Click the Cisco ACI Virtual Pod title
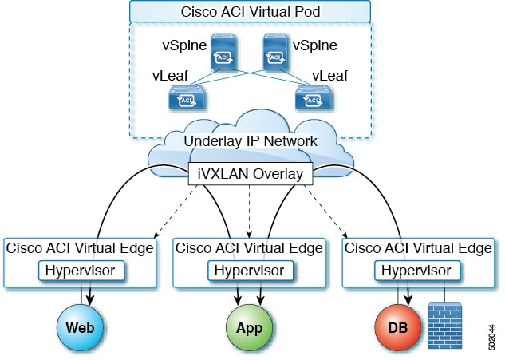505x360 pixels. pyautogui.click(x=251, y=12)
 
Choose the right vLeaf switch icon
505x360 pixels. pyautogui.click(x=311, y=99)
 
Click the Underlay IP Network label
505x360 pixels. pyautogui.click(x=251, y=141)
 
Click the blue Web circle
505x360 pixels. pyautogui.click(x=82, y=328)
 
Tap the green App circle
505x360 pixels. pyautogui.click(x=251, y=328)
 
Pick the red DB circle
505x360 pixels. pyautogui.click(x=398, y=328)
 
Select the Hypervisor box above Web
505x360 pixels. pyautogui.click(x=82, y=271)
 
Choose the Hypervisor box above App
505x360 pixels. pyautogui.click(x=251, y=271)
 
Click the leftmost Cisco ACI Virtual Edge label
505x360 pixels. pyautogui.click(x=82, y=248)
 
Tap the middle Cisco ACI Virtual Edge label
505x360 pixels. pyautogui.click(x=251, y=248)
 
